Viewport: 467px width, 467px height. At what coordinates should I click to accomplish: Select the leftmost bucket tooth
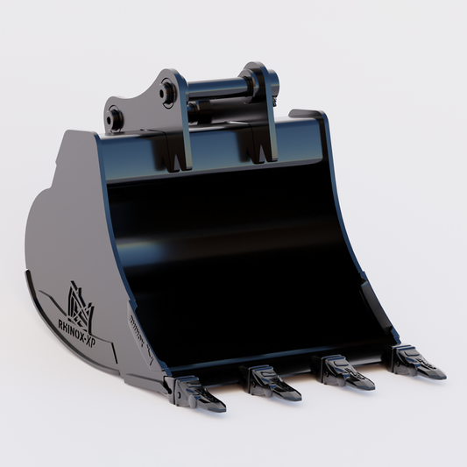(x=200, y=393)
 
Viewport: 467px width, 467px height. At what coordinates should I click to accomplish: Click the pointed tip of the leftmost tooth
(x=223, y=407)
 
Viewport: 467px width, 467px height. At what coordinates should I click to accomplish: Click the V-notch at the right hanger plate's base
(x=262, y=153)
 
